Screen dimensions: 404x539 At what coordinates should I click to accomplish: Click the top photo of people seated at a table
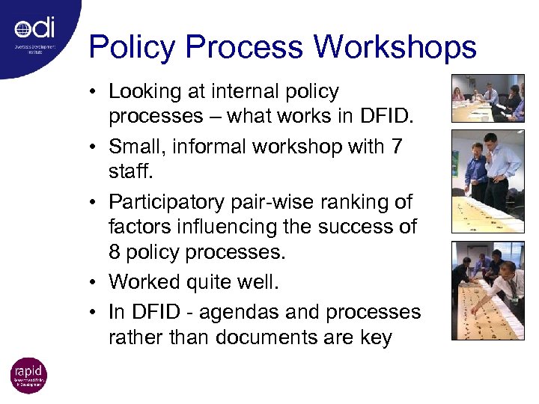(487, 98)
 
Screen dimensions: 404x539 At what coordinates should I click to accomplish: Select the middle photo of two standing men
(487, 180)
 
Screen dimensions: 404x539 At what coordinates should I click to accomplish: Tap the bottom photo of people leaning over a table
(487, 290)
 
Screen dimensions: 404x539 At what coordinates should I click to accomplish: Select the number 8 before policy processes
(115, 253)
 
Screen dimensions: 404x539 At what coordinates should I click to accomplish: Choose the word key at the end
(375, 337)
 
